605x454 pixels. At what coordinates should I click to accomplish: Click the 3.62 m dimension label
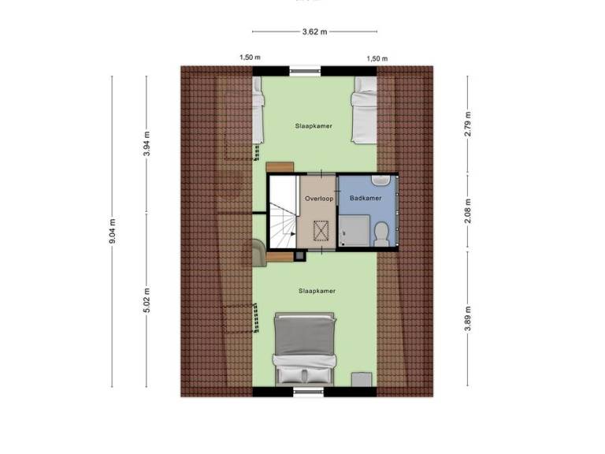pos(314,32)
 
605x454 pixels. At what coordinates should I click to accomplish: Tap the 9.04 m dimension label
pos(113,231)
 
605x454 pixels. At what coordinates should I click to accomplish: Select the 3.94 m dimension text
pos(147,143)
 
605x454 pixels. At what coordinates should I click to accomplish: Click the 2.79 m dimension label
pos(468,124)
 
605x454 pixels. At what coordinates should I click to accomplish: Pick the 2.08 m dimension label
pos(468,210)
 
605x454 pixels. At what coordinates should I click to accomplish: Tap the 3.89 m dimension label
pos(468,318)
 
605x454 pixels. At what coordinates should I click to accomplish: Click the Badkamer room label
pos(366,198)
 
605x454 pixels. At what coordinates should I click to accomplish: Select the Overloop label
pos(319,199)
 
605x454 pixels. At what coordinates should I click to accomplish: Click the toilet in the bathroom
pos(381,234)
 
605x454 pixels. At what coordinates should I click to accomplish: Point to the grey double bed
pos(304,349)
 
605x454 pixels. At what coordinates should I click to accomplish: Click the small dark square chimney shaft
pos(300,255)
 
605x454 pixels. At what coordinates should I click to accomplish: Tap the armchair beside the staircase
pos(260,252)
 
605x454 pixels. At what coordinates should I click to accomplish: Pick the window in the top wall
pos(305,71)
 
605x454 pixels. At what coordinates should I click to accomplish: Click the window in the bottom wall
pos(308,392)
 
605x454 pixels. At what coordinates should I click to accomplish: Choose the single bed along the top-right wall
pos(364,110)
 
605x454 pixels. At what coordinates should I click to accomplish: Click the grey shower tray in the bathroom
pos(354,230)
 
